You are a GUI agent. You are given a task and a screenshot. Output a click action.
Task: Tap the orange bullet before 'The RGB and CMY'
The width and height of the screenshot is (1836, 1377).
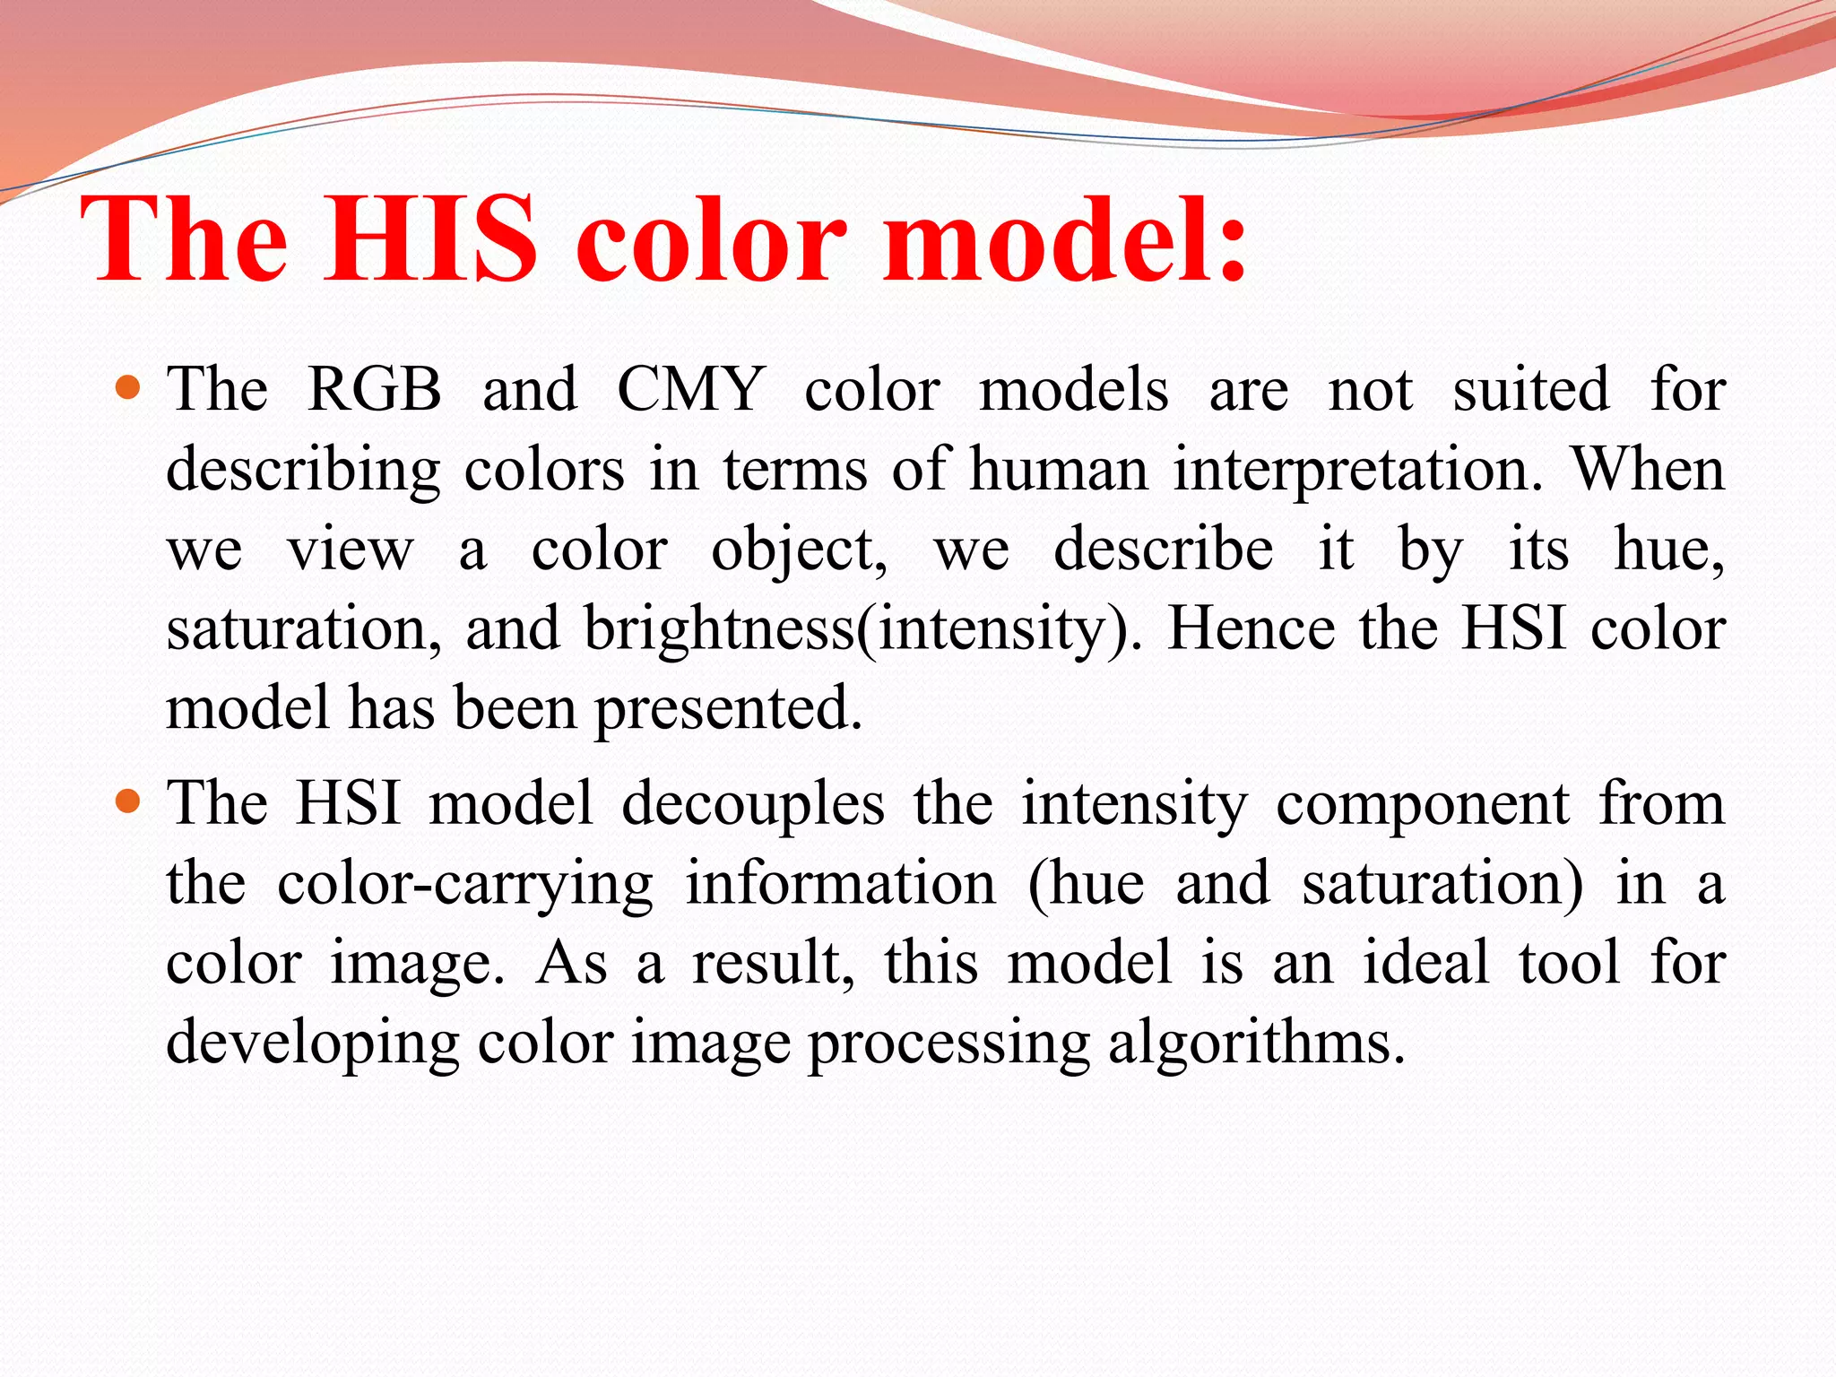(129, 387)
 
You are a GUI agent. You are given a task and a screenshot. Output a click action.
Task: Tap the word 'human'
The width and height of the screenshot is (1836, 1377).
(1059, 470)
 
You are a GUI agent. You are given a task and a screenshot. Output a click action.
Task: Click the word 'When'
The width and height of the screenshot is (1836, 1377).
(1648, 470)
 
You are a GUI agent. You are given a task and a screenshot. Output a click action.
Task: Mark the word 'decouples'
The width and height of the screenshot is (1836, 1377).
(753, 804)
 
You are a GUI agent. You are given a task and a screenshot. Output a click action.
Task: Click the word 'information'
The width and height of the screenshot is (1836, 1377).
(840, 884)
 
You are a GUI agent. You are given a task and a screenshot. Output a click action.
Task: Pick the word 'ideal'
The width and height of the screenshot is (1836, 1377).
(1426, 963)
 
